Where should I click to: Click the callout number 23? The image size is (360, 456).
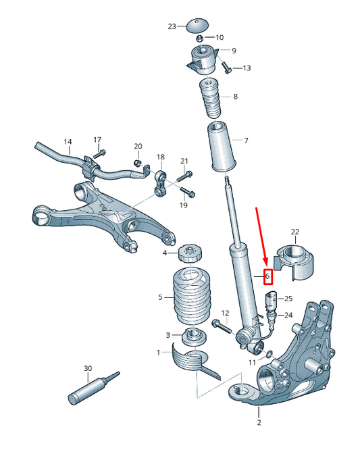click(172, 26)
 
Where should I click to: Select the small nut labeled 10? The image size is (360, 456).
click(201, 37)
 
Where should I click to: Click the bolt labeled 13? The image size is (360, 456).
click(226, 68)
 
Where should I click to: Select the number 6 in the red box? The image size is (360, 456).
click(267, 276)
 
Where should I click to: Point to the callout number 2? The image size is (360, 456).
click(258, 423)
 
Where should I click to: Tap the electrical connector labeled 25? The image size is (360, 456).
click(272, 299)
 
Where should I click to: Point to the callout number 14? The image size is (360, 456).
click(68, 142)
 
